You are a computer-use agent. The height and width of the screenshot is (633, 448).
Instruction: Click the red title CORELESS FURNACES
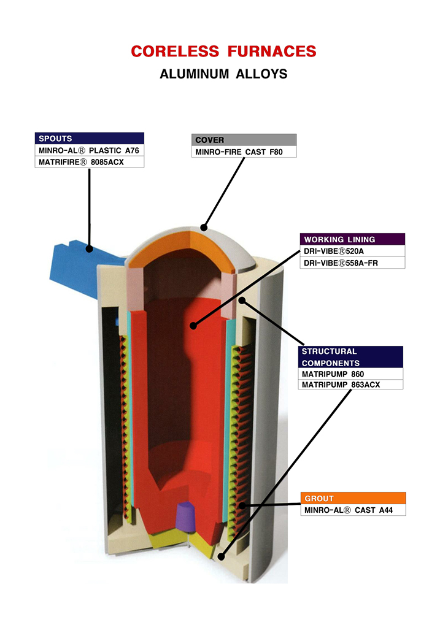(x=223, y=52)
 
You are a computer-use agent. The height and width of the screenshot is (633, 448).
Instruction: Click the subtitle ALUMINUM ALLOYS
(x=223, y=74)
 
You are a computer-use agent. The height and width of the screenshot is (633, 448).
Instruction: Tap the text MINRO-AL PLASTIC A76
(x=90, y=150)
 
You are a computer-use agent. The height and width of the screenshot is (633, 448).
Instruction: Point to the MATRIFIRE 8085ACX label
(x=90, y=162)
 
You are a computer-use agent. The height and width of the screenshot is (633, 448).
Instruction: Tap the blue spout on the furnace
(x=74, y=264)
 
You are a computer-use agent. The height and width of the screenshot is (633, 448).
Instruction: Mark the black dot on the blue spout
(x=90, y=249)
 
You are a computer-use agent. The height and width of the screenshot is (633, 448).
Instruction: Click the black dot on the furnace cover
(x=204, y=227)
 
